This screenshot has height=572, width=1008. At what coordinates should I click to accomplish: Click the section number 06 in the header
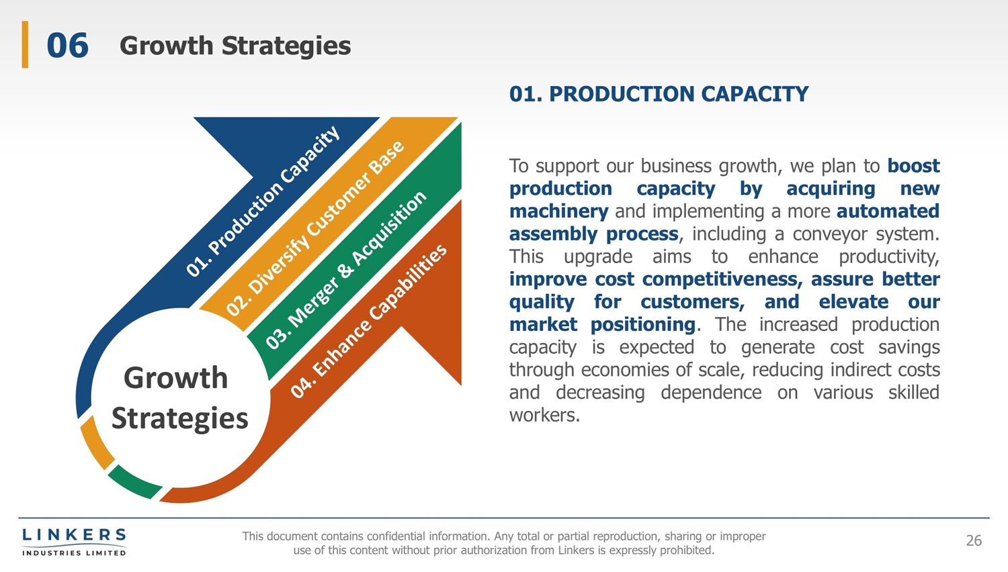[67, 46]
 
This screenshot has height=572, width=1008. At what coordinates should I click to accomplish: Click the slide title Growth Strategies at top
[235, 46]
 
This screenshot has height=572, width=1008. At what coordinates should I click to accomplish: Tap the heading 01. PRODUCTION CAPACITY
[659, 94]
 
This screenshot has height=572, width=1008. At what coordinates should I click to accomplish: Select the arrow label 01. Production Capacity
[263, 201]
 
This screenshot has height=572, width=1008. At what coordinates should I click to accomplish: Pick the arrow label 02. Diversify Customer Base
[315, 228]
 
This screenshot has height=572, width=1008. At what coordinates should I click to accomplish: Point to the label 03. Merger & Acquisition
[345, 270]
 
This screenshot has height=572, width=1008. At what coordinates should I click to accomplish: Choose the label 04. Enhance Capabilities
[369, 322]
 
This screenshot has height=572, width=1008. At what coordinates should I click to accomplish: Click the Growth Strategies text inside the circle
[179, 398]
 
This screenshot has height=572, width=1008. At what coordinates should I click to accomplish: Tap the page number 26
[974, 540]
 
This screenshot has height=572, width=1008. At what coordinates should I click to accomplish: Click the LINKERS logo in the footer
[74, 542]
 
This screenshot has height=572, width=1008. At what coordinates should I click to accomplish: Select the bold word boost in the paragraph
[913, 166]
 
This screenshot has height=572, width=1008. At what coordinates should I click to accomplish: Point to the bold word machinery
[559, 211]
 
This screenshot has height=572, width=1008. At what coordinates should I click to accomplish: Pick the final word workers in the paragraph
[544, 415]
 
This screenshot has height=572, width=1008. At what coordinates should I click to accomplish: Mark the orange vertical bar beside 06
[26, 44]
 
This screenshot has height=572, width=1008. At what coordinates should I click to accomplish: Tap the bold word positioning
[643, 325]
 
